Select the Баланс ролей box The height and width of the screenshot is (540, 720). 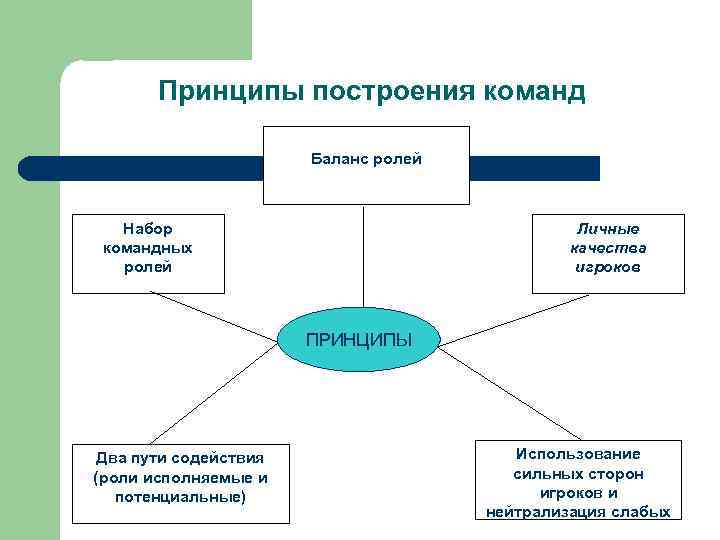point(366,164)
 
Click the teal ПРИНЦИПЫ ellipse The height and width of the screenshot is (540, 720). point(357,342)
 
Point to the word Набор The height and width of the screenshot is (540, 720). point(147,229)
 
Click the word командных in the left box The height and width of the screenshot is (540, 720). point(147,248)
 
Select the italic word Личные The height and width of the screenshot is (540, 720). point(608,229)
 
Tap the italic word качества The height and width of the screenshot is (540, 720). point(608,248)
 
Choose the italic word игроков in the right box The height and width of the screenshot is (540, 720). point(608,267)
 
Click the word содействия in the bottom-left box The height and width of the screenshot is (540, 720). point(217,458)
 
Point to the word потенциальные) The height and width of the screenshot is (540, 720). point(180,496)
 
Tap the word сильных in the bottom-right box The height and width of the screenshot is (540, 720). point(550,473)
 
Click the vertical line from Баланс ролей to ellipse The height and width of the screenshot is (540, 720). point(363,260)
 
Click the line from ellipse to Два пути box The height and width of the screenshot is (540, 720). point(215,395)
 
